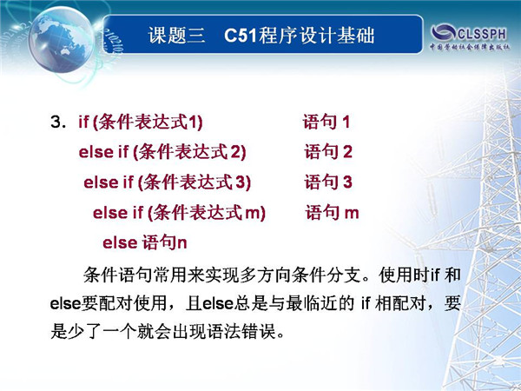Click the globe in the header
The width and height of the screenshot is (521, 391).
pyautogui.click(x=62, y=39)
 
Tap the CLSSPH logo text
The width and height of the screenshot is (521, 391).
pyautogui.click(x=482, y=33)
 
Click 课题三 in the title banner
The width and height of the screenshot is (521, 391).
pyautogui.click(x=176, y=35)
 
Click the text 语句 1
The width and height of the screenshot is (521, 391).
pyautogui.click(x=326, y=122)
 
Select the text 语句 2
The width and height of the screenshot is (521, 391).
pyautogui.click(x=328, y=151)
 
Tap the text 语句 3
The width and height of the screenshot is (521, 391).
pyautogui.click(x=328, y=182)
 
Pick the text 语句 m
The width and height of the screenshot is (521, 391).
pyautogui.click(x=333, y=213)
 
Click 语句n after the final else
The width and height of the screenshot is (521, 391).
pyautogui.click(x=164, y=242)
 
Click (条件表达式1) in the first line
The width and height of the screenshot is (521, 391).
pyautogui.click(x=148, y=122)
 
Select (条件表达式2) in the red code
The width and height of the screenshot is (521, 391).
pyautogui.click(x=189, y=152)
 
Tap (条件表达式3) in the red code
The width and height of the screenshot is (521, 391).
pyautogui.click(x=195, y=182)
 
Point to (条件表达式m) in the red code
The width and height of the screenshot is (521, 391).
pyautogui.click(x=207, y=213)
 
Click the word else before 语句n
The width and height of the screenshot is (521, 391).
pyautogui.click(x=120, y=242)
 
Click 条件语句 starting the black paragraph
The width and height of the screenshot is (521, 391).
pyautogui.click(x=117, y=275)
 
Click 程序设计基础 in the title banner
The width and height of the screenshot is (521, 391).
pyautogui.click(x=316, y=35)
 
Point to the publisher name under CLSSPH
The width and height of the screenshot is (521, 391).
pyautogui.click(x=470, y=47)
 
